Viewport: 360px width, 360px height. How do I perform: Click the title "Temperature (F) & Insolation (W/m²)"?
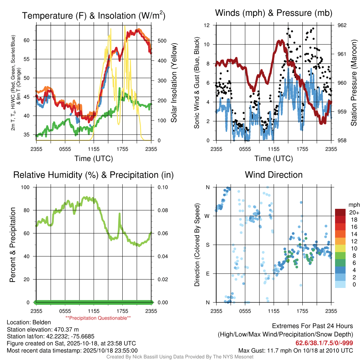(x=94, y=15)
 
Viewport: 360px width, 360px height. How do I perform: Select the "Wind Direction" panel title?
(x=274, y=175)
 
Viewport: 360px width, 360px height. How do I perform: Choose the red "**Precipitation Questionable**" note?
(x=98, y=318)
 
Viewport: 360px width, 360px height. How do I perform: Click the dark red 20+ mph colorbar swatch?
(x=340, y=212)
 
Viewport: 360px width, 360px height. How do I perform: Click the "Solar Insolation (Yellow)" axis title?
(x=174, y=83)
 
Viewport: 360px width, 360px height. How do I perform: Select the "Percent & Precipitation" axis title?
(x=12, y=245)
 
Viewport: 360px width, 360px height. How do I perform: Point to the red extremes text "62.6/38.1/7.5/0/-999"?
(x=324, y=343)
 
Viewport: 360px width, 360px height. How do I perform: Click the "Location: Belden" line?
(x=29, y=322)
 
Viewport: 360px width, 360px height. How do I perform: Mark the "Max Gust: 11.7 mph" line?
(x=296, y=350)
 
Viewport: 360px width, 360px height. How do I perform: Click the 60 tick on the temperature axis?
(x=30, y=40)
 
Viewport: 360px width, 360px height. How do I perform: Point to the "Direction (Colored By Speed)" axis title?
(x=197, y=245)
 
